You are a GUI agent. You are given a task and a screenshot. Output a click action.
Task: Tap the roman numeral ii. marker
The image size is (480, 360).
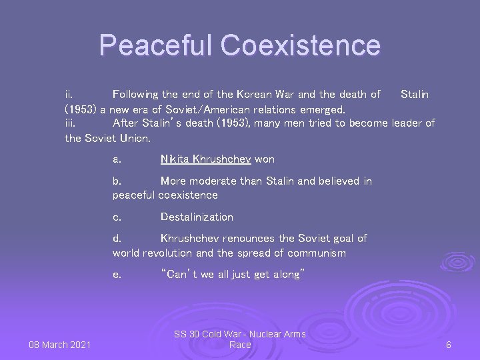point(69,95)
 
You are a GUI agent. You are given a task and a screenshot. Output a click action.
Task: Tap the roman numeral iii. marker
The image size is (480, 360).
point(71,123)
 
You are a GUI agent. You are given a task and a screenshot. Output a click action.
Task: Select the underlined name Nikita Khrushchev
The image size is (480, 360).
point(205,159)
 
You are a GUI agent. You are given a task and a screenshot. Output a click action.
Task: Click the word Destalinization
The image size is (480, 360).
point(197,217)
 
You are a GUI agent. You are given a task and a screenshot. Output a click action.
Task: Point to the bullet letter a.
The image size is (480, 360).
point(117,159)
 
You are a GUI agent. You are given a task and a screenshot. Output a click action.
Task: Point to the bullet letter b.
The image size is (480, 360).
point(117,181)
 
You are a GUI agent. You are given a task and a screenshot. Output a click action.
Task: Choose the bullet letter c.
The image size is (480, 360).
point(117,217)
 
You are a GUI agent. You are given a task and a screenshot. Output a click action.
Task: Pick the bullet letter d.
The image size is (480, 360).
point(117,239)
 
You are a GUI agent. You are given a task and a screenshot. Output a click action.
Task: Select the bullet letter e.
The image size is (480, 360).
point(117,275)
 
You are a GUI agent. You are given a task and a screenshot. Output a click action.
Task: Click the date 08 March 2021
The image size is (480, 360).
point(60,345)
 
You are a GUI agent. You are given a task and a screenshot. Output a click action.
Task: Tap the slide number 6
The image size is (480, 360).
point(449,345)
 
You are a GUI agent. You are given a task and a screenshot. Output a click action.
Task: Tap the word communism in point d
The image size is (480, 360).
point(314,253)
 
